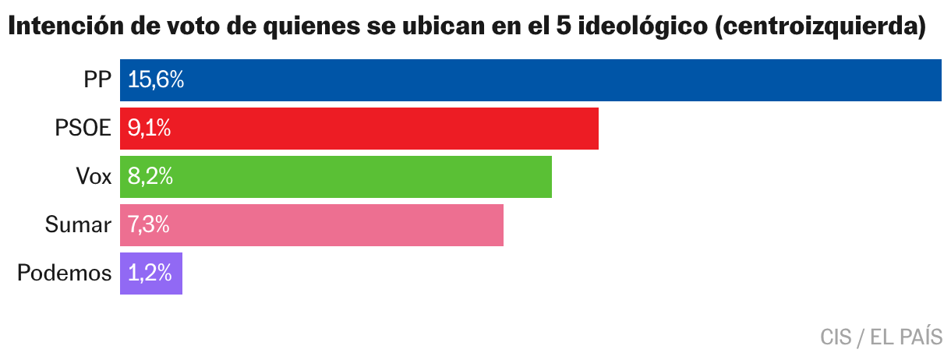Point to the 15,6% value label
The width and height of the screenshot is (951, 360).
[156, 80]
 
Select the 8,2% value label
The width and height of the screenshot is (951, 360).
[150, 177]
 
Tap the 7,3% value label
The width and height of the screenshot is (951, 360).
[149, 225]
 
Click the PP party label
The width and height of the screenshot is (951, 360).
[98, 80]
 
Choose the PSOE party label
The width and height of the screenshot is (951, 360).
[83, 129]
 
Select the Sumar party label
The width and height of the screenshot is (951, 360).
[78, 225]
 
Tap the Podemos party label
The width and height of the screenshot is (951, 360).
[64, 274]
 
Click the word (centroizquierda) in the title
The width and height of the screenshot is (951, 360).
[818, 28]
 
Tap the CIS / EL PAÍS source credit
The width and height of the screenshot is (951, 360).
[881, 337]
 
